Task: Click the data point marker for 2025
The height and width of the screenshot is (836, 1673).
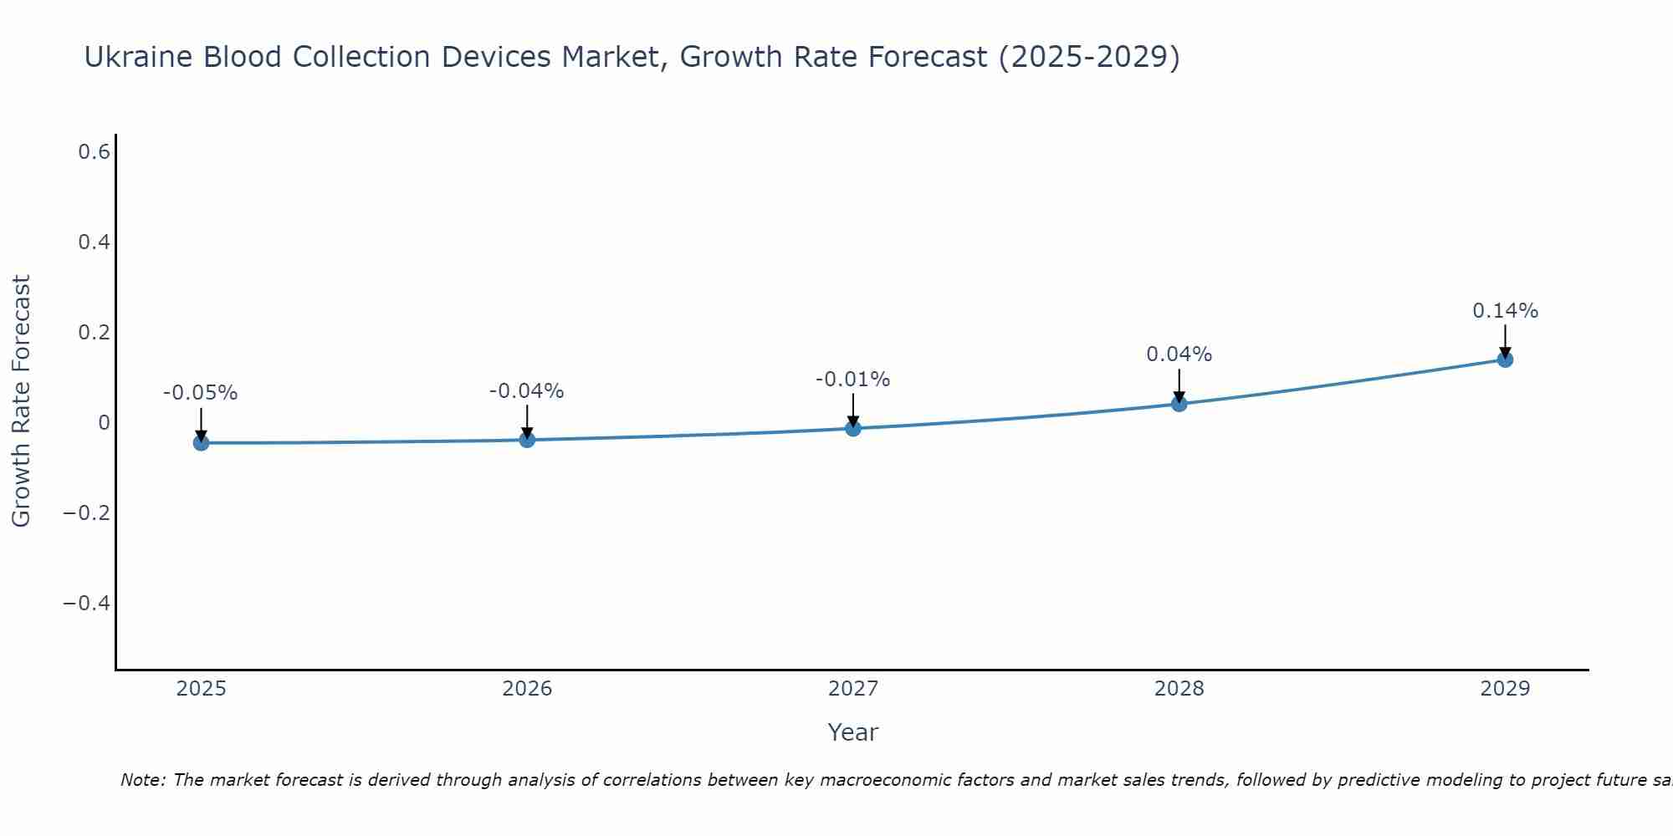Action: point(201,442)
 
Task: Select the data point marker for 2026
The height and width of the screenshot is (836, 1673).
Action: point(527,439)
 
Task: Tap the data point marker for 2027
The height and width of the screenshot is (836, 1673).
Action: point(853,428)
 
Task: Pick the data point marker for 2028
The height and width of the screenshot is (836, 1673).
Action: point(1179,404)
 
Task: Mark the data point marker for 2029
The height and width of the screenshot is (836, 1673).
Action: point(1505,359)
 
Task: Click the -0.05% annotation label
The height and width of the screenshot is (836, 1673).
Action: point(201,393)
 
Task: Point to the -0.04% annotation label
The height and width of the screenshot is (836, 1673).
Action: point(527,390)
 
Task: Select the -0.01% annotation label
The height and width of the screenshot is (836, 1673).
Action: point(853,380)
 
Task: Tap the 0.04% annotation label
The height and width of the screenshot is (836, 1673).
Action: point(1179,354)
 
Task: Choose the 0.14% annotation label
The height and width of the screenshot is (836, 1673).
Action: point(1505,311)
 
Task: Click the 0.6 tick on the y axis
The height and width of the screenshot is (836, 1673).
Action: point(94,152)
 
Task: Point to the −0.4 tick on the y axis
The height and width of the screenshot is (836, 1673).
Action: point(87,603)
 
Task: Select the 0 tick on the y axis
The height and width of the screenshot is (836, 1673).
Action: point(104,423)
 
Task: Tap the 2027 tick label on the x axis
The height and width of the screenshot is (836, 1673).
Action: point(853,689)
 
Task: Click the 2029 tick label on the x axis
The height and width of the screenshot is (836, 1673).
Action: point(1505,689)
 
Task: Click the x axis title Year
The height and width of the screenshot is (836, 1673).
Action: point(853,732)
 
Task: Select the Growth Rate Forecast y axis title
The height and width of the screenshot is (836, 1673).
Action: point(21,401)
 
